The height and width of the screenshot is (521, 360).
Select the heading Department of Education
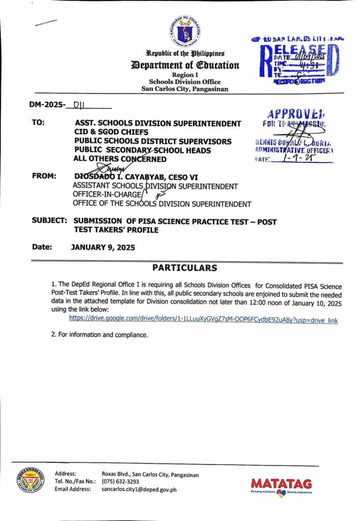tap(185, 65)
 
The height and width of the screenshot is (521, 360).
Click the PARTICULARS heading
tap(185, 268)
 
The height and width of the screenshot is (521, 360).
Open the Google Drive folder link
tap(203, 321)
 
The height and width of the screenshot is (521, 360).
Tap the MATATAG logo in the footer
tap(281, 485)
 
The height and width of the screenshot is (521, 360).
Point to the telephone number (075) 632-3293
tap(120, 481)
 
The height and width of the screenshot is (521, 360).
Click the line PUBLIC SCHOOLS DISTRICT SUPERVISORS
tap(153, 141)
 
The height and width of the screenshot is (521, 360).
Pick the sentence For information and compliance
tap(99, 335)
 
